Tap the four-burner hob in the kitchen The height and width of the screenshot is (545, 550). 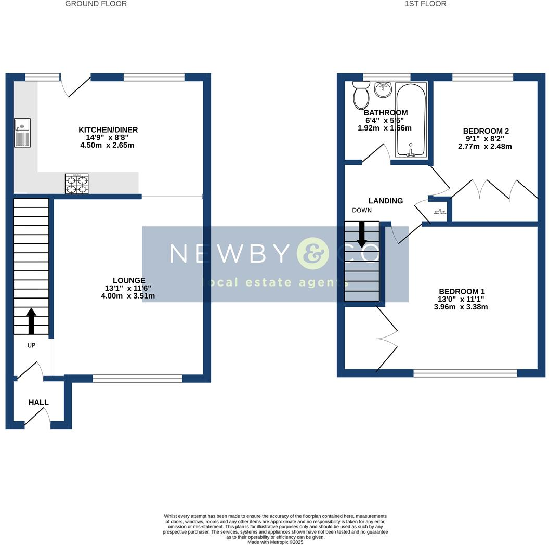coord(76,184)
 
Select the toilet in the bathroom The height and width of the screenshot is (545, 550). coord(360,95)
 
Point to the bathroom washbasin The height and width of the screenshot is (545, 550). coord(383,89)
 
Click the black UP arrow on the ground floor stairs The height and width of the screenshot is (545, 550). coord(31,320)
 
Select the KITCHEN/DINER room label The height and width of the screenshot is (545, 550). coord(108,129)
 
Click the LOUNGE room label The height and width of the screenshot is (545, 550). coord(129,280)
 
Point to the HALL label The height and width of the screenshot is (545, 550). coord(38,403)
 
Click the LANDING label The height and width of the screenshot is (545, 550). coord(386,201)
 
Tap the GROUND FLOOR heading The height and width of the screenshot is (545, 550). coord(96,4)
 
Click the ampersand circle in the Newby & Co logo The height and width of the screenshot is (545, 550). coord(313,253)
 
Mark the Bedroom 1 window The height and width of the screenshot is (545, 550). coord(465,373)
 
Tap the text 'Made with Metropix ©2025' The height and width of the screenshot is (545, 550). coord(275,542)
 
